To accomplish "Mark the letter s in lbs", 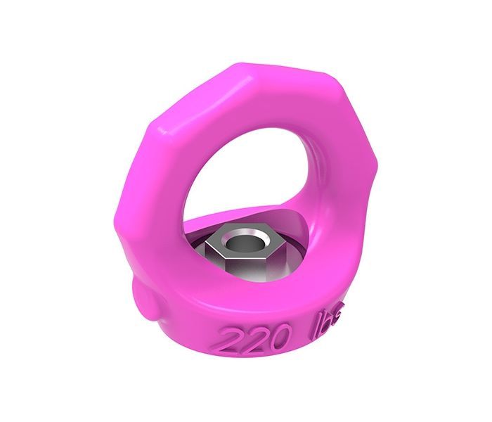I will [x=335, y=326].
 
